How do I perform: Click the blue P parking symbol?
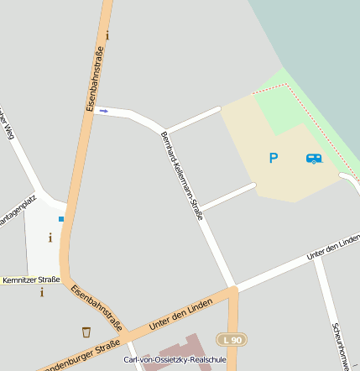(x=273, y=158)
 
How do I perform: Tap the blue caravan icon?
(x=314, y=158)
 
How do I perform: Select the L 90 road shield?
(x=231, y=339)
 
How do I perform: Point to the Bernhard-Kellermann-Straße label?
(x=182, y=175)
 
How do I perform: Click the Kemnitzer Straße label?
(x=31, y=280)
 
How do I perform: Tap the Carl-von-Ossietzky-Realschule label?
(x=175, y=360)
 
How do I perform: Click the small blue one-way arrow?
(x=104, y=110)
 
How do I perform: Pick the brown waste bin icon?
(x=86, y=332)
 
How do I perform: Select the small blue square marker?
(x=61, y=219)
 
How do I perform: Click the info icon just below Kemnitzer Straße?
(x=42, y=292)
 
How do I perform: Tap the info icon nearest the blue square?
(x=50, y=238)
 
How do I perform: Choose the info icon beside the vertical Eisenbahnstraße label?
(x=107, y=35)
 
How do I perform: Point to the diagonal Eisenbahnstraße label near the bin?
(x=97, y=307)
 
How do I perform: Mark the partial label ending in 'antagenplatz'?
(x=18, y=208)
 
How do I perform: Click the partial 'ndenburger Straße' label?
(x=81, y=358)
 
